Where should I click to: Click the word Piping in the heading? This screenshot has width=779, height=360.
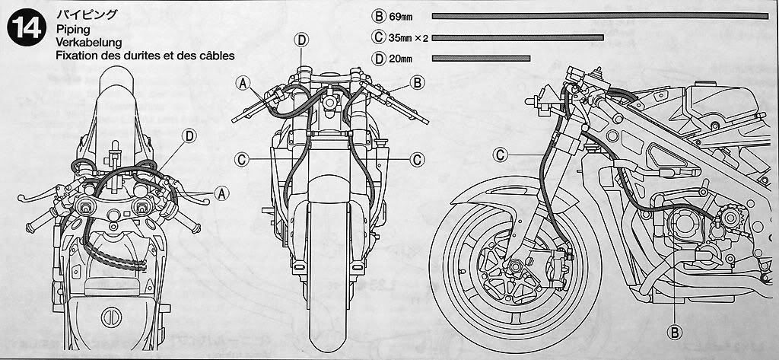[72, 27]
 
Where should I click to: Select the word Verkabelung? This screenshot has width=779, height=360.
[89, 41]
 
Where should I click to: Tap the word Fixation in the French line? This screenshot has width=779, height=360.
[81, 56]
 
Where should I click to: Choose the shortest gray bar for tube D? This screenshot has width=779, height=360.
[481, 58]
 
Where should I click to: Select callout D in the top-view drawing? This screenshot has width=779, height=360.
[188, 136]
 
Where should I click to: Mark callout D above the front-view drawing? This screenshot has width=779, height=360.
[301, 40]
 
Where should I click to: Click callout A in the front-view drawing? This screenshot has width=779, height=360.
[242, 82]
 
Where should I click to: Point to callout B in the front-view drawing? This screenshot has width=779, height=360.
[417, 82]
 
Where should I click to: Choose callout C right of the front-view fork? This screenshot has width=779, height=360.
[417, 158]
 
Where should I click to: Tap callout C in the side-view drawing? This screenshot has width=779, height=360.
[501, 155]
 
